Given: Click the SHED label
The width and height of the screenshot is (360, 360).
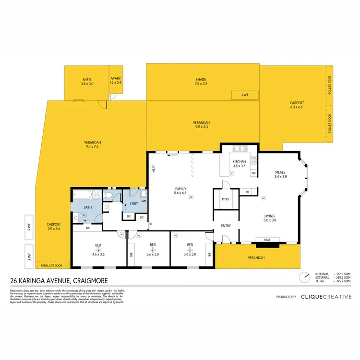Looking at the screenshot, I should point(86,79).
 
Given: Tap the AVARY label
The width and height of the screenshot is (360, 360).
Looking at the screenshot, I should point(116,79).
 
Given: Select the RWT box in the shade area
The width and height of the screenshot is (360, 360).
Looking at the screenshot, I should point(245,95).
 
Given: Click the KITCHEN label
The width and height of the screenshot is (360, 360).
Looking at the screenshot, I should point(239,162).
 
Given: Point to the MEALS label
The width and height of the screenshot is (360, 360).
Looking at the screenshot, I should point(280,172).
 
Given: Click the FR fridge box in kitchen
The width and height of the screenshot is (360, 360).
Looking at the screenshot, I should point(247,192).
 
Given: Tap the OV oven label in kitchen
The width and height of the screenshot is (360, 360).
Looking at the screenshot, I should point(254,173).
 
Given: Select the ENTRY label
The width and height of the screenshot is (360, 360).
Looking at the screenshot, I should point(226,226).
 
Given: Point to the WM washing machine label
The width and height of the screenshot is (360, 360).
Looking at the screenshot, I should point(144,201).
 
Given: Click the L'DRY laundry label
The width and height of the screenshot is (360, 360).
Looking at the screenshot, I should point(134,204).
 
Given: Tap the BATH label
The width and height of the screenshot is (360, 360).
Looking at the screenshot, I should point(88,207).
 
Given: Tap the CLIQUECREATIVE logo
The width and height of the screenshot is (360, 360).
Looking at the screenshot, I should point(324,297).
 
